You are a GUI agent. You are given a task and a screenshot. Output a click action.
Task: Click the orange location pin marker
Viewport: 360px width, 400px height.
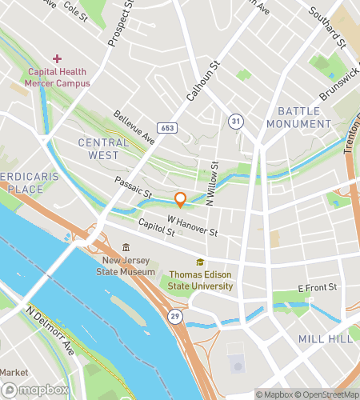pyautogui.click(x=181, y=200)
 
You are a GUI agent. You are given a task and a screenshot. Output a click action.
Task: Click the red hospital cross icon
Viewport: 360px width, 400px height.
pyautogui.click(x=57, y=58)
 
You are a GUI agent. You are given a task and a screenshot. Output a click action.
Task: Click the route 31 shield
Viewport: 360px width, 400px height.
pyautogui.click(x=235, y=120)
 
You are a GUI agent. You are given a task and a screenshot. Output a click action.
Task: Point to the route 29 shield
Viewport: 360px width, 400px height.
pyautogui.click(x=174, y=317)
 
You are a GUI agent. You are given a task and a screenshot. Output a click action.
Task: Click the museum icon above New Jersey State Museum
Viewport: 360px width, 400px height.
pyautogui.click(x=125, y=248)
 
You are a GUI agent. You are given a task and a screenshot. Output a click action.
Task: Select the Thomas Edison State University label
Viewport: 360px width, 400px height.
pyautogui.click(x=200, y=280)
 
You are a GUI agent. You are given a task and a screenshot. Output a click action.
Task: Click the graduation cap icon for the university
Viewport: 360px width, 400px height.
pyautogui.click(x=200, y=262)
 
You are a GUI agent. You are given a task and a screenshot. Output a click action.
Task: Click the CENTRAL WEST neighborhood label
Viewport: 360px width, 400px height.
pyautogui.click(x=104, y=148)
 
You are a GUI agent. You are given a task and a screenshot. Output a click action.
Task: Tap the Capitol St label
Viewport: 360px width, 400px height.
pyautogui.click(x=156, y=228)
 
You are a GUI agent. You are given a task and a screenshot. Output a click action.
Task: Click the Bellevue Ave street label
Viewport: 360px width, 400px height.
pyautogui.click(x=134, y=127)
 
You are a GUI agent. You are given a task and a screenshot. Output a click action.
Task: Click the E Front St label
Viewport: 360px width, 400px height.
pyautogui.click(x=313, y=287)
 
